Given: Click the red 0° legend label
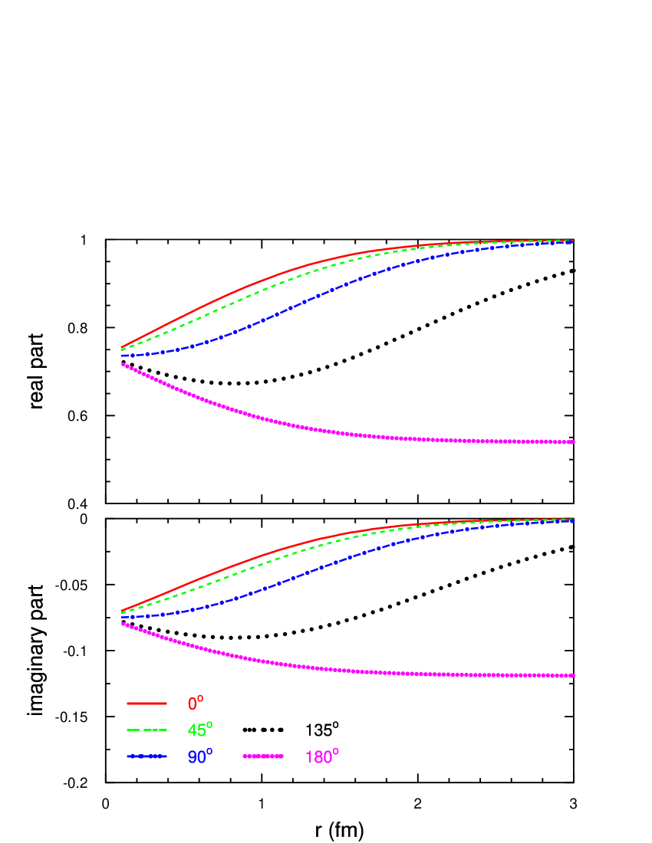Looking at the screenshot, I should point(196,703).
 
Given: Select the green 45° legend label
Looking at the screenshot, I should point(199,730).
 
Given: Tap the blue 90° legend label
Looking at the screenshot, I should point(199,757).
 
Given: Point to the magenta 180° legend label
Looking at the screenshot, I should point(321,757).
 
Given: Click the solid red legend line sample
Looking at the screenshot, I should point(147,703).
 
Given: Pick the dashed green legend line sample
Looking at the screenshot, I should point(147,730).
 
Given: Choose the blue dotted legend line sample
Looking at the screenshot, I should point(147,756).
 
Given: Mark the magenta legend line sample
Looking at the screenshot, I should point(263,756).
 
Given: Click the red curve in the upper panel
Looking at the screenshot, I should point(245,287).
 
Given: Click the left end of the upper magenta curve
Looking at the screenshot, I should point(123,364).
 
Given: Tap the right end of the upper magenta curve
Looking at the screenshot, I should point(573,442).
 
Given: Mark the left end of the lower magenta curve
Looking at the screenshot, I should point(123,624).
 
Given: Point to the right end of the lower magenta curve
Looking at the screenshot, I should point(573,675).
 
